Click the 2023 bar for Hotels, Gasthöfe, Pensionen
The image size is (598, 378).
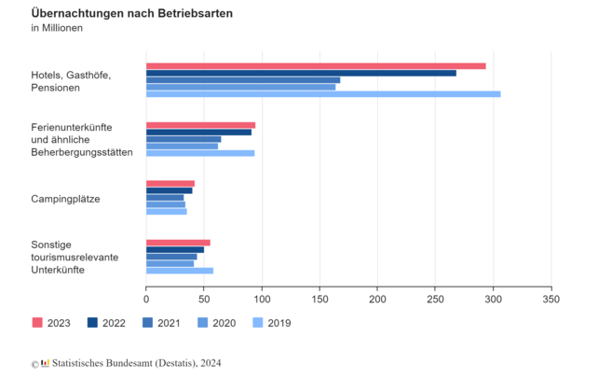tap(316, 66)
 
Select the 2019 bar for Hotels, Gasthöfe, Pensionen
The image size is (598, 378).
tap(323, 94)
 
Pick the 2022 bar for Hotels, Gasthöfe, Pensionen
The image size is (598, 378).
tap(301, 73)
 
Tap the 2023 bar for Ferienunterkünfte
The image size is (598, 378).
tap(200, 125)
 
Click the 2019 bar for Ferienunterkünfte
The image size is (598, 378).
tap(200, 153)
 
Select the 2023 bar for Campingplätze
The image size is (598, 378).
tap(170, 184)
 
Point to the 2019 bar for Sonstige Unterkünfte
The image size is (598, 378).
tap(180, 271)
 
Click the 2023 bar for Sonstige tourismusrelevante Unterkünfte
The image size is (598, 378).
tap(178, 243)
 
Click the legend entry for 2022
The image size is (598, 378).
tap(108, 323)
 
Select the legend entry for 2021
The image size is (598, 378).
tap(163, 323)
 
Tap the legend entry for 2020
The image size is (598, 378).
tap(218, 323)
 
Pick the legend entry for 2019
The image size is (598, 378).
tap(273, 323)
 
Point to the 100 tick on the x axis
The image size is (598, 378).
tap(262, 300)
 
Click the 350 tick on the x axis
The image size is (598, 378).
tap(551, 300)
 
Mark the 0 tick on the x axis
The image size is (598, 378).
tap(146, 300)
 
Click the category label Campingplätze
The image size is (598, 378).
tap(65, 199)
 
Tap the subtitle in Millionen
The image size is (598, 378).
tap(57, 29)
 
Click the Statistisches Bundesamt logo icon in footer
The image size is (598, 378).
tap(45, 363)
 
